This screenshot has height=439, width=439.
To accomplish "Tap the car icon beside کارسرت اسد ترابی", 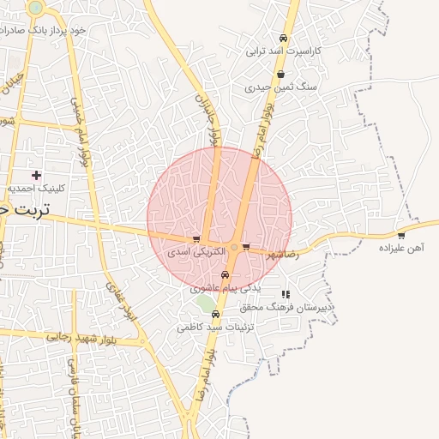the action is pyautogui.click(x=284, y=39).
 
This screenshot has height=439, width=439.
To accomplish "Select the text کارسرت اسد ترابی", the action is pyautogui.click(x=284, y=51).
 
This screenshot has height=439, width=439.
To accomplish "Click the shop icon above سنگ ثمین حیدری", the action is pyautogui.click(x=281, y=75).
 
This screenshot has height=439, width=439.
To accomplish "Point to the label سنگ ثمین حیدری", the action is pyautogui.click(x=281, y=87).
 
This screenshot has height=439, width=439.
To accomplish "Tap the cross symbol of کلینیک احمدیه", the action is pyautogui.click(x=36, y=175).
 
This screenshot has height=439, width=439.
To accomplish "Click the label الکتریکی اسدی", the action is pyautogui.click(x=196, y=253).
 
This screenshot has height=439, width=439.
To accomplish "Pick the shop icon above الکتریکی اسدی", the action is pyautogui.click(x=196, y=240).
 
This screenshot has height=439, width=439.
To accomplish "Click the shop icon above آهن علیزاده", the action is pyautogui.click(x=401, y=235).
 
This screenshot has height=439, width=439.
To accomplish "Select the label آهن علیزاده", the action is pyautogui.click(x=401, y=248).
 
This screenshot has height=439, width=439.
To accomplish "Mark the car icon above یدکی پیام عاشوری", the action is pyautogui.click(x=225, y=275).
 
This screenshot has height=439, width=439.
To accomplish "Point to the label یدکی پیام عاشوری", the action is pyautogui.click(x=225, y=288).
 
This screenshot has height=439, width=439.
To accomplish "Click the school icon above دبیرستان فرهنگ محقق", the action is pyautogui.click(x=286, y=294).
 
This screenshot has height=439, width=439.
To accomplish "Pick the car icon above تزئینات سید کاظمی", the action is pyautogui.click(x=214, y=315).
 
